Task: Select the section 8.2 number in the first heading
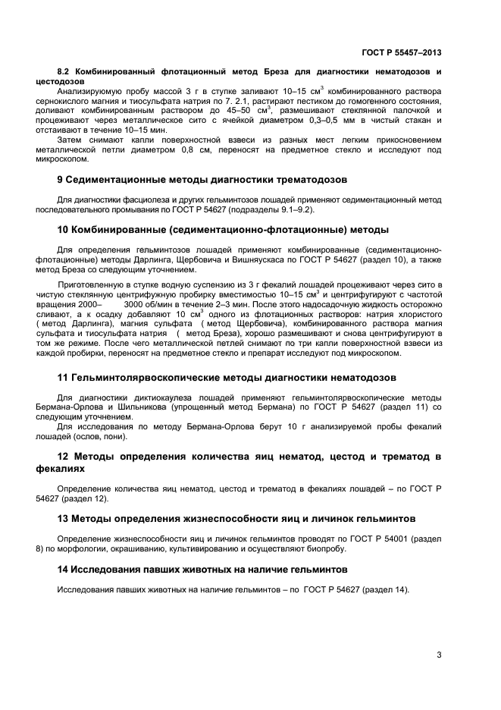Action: point(66,71)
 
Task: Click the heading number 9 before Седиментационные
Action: point(61,180)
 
